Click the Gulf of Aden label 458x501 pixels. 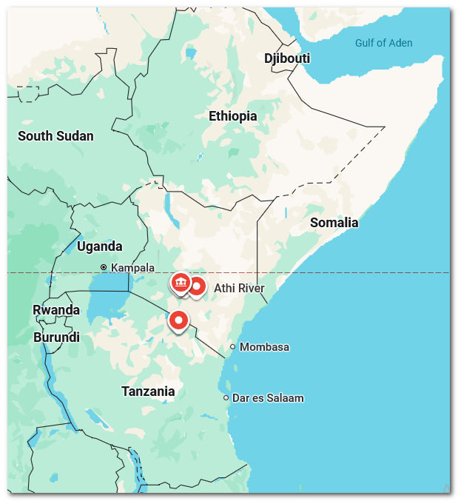click(x=383, y=43)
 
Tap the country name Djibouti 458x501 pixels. click(x=287, y=58)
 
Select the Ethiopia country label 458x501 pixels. click(x=232, y=116)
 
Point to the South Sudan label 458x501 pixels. click(x=55, y=135)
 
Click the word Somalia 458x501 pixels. click(x=334, y=223)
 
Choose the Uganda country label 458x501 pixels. click(x=99, y=246)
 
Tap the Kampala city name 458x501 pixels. click(x=133, y=267)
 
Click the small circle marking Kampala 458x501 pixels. click(x=104, y=267)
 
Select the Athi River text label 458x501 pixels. click(x=239, y=288)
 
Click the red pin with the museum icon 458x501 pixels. click(x=180, y=283)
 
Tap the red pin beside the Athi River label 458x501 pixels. click(x=197, y=286)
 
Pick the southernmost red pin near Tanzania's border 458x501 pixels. click(x=178, y=320)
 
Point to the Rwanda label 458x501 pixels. click(x=56, y=310)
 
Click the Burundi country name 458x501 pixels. click(x=56, y=337)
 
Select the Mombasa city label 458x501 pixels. click(x=264, y=347)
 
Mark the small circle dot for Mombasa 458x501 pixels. click(x=232, y=346)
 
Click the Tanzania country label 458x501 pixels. click(x=148, y=391)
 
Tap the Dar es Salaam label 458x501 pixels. click(x=268, y=398)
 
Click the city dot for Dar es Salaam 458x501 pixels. click(x=226, y=398)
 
